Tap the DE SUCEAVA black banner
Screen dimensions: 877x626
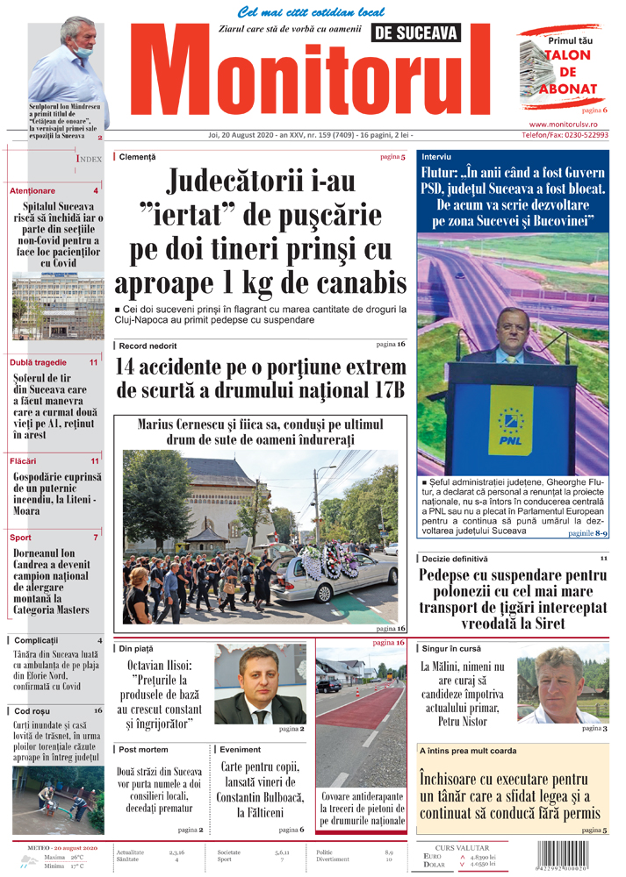tap(415, 33)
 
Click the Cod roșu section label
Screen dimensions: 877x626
tap(33, 710)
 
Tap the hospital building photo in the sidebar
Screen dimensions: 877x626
tap(56, 307)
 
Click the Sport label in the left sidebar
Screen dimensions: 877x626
tap(21, 538)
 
